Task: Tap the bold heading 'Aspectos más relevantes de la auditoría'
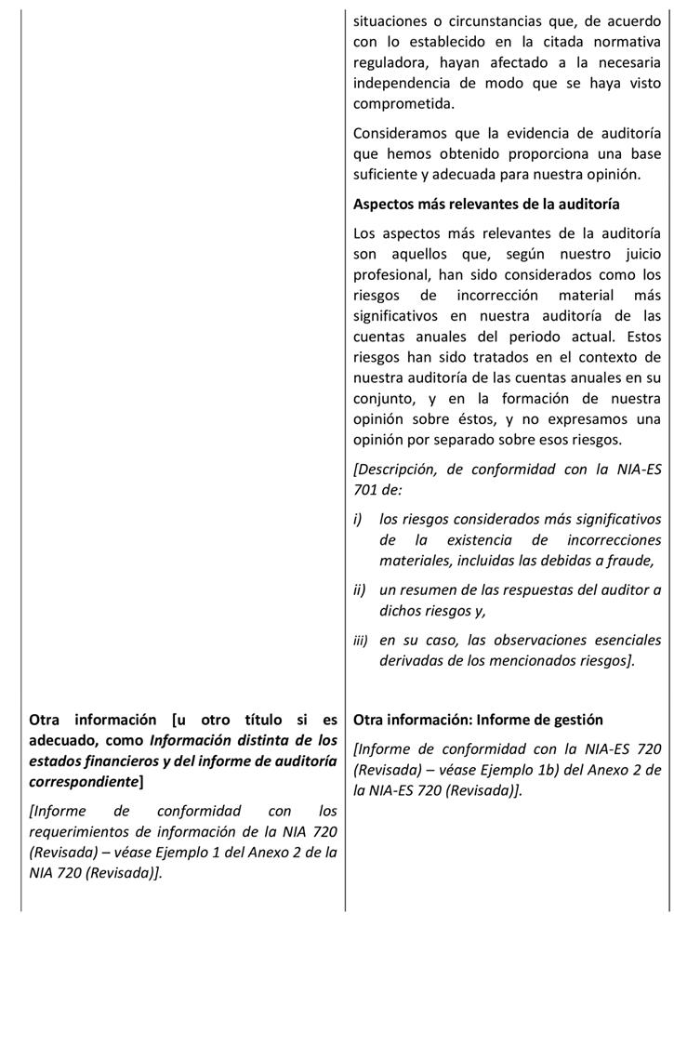click(486, 204)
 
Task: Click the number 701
click(366, 489)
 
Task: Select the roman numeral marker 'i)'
click(358, 519)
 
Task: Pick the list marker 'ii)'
click(360, 589)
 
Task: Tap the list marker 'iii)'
click(361, 641)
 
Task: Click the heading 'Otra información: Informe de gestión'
click(478, 720)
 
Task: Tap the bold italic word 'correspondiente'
click(84, 781)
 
